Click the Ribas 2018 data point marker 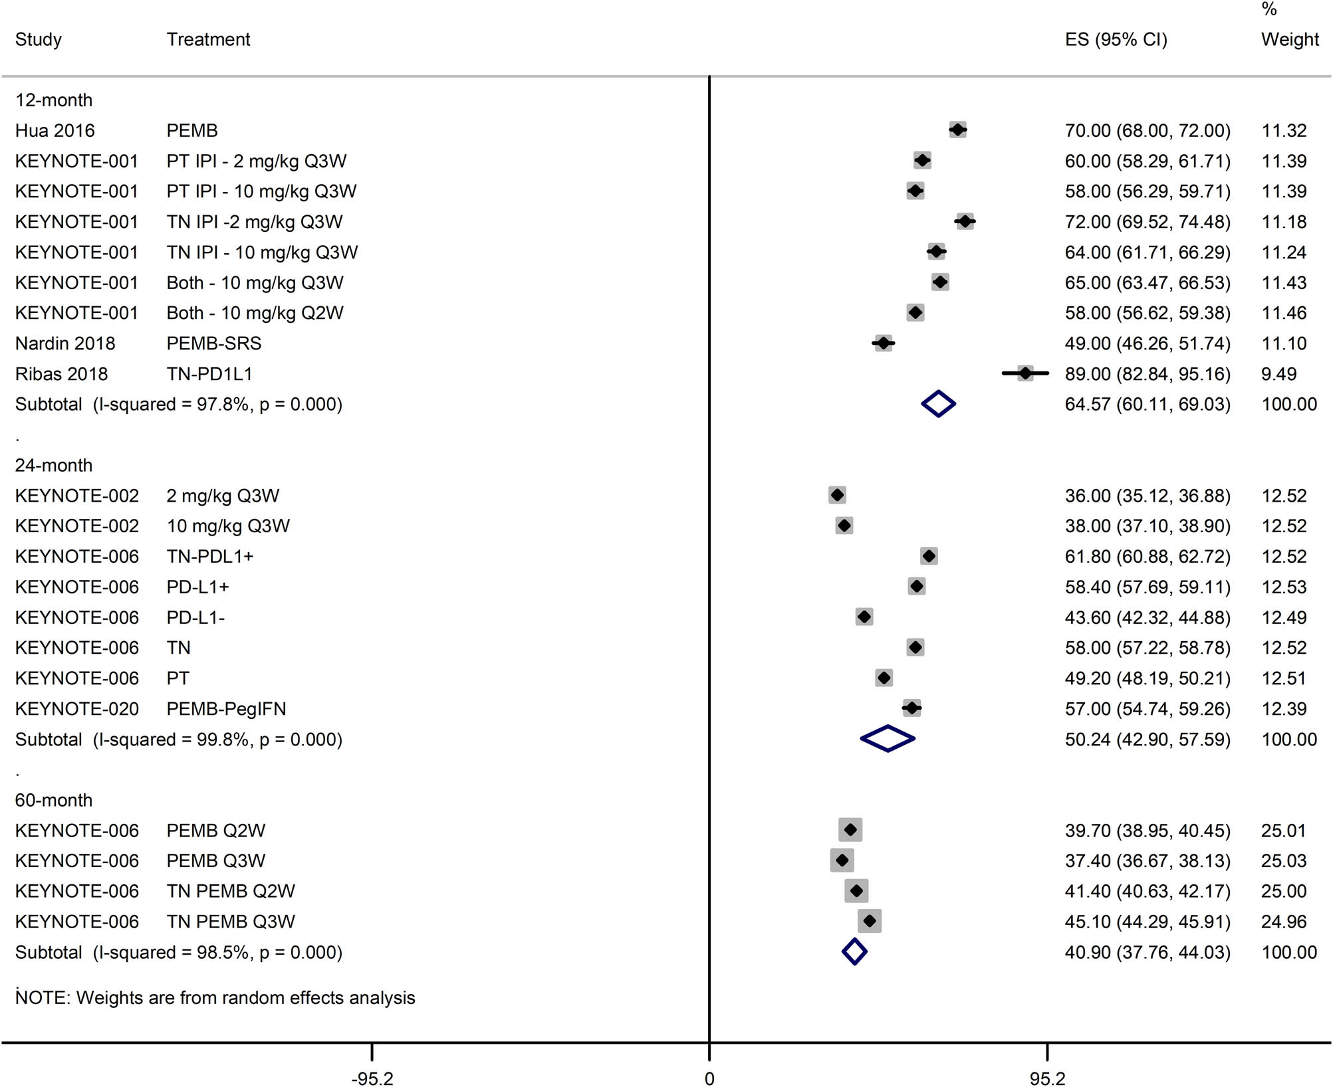[1025, 373]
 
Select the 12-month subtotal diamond [938, 404]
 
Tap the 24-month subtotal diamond [888, 739]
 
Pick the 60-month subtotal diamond [854, 951]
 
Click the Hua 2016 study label [55, 130]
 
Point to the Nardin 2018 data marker [883, 344]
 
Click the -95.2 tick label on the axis [372, 1078]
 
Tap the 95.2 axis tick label [1047, 1078]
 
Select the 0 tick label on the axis [709, 1078]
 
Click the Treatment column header [208, 40]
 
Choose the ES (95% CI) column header [1116, 40]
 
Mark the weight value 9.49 [1278, 373]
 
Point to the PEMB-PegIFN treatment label [226, 709]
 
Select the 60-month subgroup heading [54, 800]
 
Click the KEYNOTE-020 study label [77, 709]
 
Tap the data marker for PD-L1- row [864, 617]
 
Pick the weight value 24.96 [1283, 922]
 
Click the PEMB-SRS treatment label [214, 344]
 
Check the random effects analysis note [215, 997]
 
